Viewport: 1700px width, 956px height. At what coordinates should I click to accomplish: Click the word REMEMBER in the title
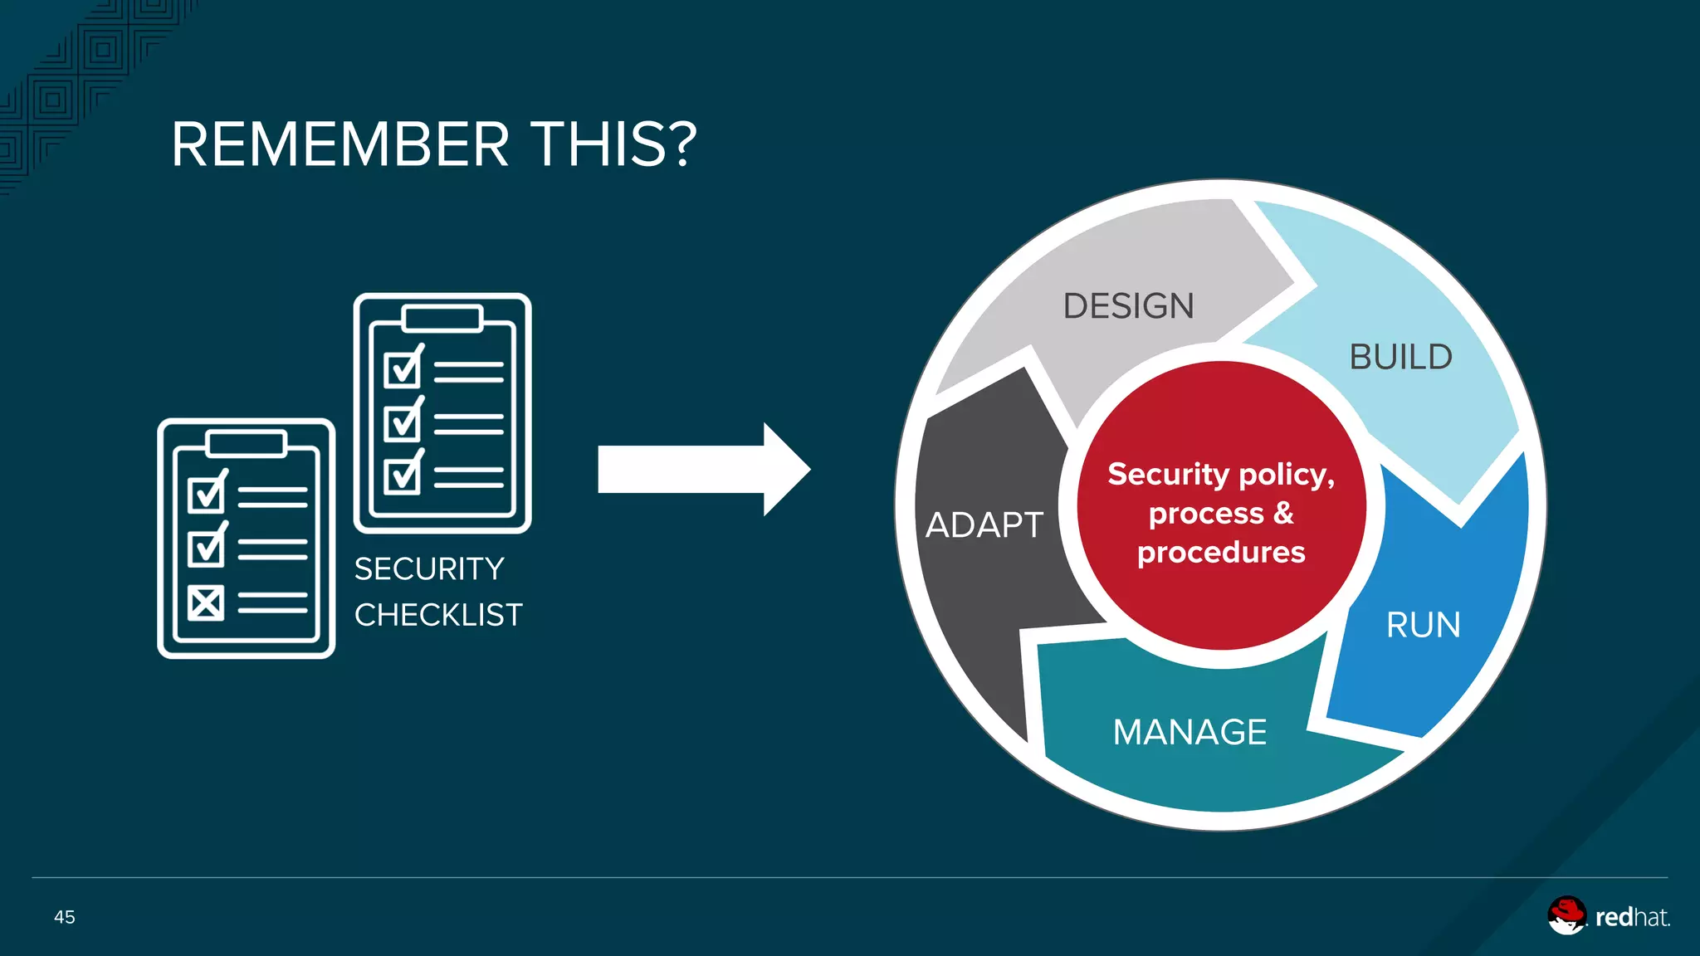click(340, 145)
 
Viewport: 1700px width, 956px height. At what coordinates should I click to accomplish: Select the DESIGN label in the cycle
click(1128, 306)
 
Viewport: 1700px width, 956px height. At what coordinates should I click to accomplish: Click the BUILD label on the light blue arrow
click(1400, 358)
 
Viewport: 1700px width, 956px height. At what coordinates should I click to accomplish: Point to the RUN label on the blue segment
click(1423, 625)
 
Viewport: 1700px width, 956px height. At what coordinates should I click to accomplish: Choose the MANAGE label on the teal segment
click(1190, 732)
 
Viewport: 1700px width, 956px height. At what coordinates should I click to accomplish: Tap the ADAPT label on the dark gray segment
click(984, 525)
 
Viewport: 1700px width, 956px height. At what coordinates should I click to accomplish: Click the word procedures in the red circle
click(1221, 553)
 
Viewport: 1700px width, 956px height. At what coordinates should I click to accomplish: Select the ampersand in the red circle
click(1283, 513)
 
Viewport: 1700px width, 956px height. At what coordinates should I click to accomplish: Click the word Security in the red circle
click(1168, 474)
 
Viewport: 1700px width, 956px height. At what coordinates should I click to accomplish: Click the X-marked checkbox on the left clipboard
click(206, 603)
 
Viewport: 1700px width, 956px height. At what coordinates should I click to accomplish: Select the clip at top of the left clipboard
click(247, 443)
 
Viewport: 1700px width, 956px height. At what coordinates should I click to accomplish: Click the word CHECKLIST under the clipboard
click(438, 615)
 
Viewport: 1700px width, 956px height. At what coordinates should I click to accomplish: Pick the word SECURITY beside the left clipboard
click(429, 569)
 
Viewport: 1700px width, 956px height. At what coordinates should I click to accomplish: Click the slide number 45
click(65, 917)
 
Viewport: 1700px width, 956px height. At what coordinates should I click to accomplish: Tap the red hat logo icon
click(1566, 915)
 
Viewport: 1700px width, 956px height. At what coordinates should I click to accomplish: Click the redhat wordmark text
click(1631, 917)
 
